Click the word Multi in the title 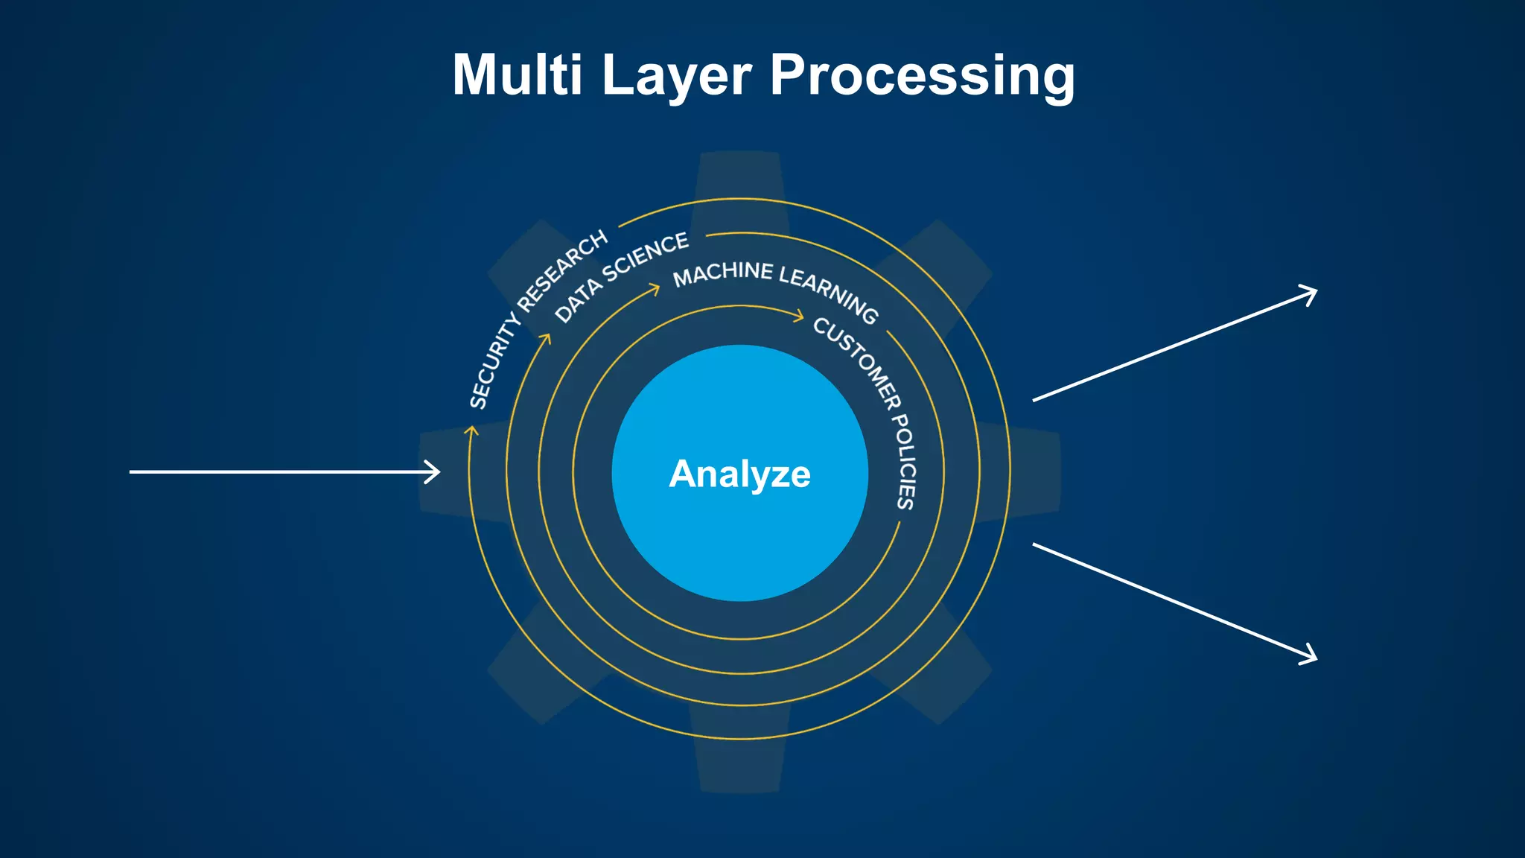click(x=517, y=74)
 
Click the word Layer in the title click(x=676, y=76)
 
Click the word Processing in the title click(x=922, y=76)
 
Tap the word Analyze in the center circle click(x=739, y=474)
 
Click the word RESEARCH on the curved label click(x=563, y=270)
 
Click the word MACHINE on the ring click(x=722, y=273)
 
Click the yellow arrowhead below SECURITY click(x=471, y=430)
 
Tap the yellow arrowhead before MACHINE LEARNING click(x=655, y=288)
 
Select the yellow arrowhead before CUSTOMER click(x=798, y=317)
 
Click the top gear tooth click(x=739, y=175)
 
